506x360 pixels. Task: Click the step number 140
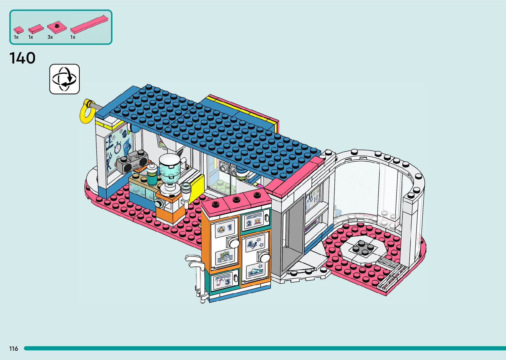tap(22, 58)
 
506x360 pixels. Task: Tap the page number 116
tap(14, 349)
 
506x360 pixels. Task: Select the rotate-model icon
tap(64, 79)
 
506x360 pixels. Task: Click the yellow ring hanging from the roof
tap(87, 111)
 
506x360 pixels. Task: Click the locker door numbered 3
tap(225, 281)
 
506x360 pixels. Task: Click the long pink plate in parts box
tap(90, 24)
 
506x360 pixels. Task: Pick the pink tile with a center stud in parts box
tap(57, 27)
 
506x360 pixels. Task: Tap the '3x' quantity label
tap(50, 37)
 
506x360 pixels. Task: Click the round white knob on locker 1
tap(234, 243)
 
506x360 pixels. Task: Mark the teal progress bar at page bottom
tap(264, 348)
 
